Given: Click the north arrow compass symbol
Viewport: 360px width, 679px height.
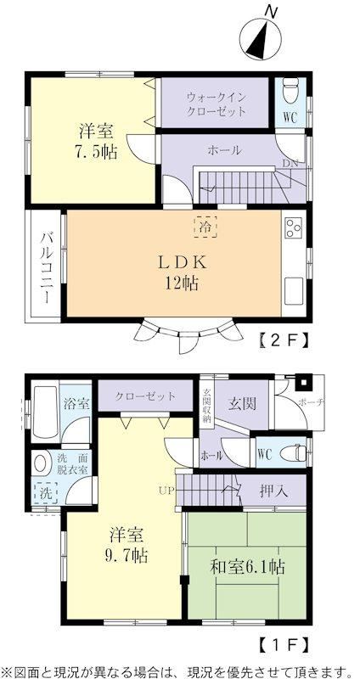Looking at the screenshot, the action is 261,39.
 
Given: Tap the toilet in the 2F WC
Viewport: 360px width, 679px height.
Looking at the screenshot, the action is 290,92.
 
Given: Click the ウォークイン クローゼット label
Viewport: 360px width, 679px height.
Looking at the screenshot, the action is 217,104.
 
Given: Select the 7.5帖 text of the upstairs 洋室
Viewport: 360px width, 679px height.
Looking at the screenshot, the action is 98,153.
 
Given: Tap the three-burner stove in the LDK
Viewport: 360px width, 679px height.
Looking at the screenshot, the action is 293,228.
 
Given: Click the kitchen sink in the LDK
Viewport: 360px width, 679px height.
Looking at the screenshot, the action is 293,291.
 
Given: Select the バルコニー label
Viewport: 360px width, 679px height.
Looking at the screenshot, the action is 48,267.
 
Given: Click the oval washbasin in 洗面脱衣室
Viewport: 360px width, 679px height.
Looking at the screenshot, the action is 40,463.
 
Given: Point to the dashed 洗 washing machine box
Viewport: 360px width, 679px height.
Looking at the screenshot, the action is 46,492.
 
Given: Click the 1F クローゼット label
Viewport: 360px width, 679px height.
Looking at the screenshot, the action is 145,396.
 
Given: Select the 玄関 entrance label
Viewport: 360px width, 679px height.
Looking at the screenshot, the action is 242,403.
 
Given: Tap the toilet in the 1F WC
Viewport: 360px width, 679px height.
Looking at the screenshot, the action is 293,454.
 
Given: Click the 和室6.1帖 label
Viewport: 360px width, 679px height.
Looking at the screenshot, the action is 247,566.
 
